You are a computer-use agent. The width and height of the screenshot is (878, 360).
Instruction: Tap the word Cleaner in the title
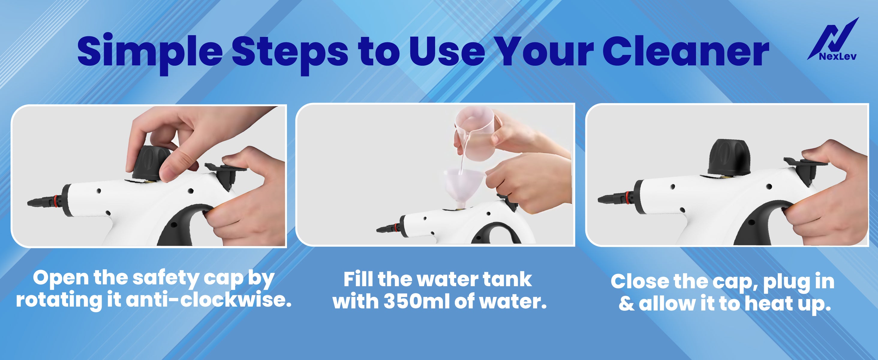686,51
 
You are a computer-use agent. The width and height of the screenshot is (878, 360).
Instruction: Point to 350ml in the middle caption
417,301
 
